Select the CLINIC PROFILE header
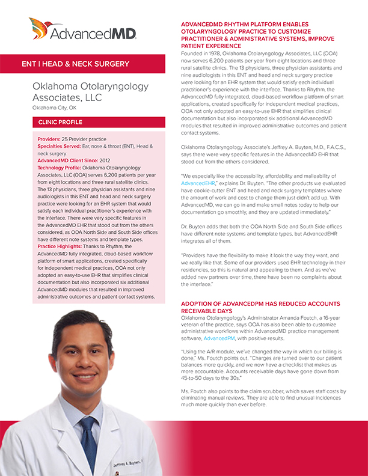tap(60, 122)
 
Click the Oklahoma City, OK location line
tap(55, 108)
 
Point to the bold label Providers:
tap(49, 139)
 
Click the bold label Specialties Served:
tap(64, 146)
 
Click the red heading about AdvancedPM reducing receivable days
tap(260, 308)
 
